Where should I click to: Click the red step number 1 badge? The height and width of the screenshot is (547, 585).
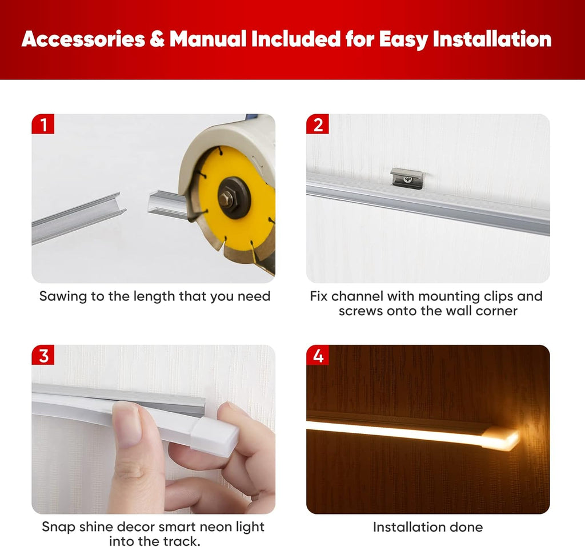43,124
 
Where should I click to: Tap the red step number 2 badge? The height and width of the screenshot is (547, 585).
318,124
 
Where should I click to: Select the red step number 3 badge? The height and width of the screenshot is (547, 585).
43,355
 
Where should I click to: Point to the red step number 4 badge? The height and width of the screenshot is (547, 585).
318,355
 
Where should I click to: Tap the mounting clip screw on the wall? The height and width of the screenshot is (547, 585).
408,180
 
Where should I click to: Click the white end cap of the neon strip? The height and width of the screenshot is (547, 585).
215,436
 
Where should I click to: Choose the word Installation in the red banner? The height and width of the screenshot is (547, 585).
492,39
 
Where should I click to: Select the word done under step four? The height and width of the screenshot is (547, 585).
466,527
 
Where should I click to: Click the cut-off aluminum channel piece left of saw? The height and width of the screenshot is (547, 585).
79,218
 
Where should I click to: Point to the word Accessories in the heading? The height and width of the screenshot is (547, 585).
83,39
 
